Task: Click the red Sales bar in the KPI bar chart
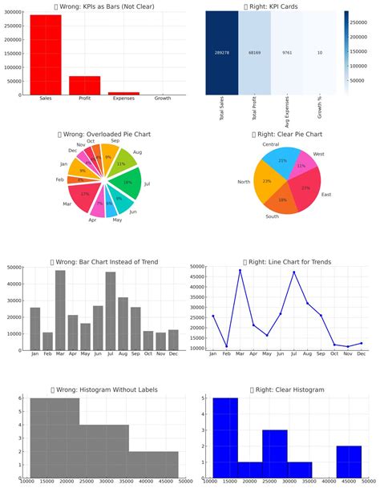click(x=46, y=56)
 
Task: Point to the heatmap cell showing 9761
click(x=289, y=51)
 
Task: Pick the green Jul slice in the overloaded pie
click(x=127, y=181)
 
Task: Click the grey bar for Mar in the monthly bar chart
click(x=60, y=310)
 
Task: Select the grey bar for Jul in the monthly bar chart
click(x=111, y=311)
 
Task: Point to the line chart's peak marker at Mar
click(x=240, y=270)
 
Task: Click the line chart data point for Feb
click(x=226, y=346)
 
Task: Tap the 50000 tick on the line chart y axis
click(x=197, y=266)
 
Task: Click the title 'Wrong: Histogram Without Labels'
click(x=103, y=389)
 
